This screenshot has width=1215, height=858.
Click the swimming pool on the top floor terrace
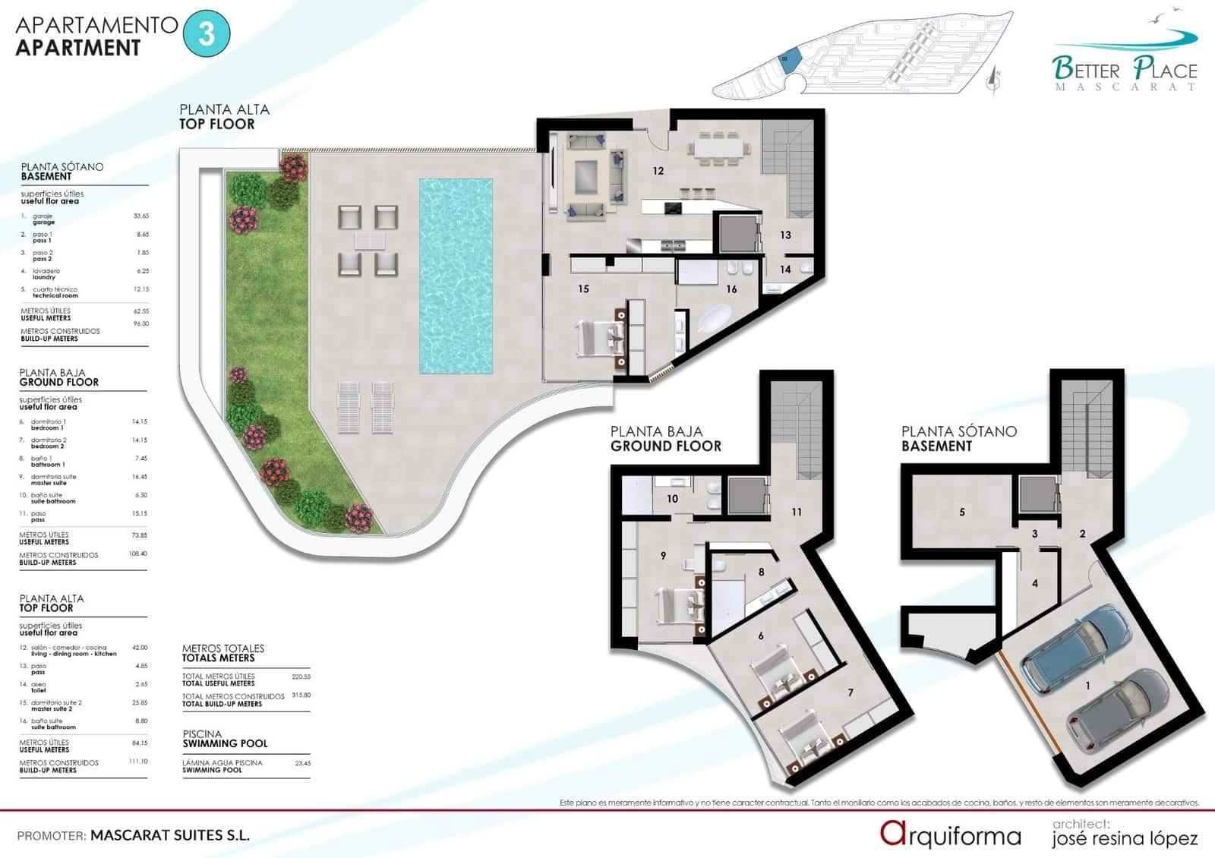(x=456, y=275)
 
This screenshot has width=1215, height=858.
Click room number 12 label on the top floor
(x=658, y=171)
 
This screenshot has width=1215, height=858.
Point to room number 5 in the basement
(x=961, y=512)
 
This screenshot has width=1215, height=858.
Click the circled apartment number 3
(x=207, y=34)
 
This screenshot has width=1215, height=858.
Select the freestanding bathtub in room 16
(x=715, y=318)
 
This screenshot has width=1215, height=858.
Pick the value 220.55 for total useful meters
(x=301, y=676)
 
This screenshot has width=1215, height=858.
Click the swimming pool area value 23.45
(x=302, y=763)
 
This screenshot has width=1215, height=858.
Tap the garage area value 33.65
(x=140, y=216)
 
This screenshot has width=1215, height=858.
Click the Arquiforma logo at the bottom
(x=950, y=834)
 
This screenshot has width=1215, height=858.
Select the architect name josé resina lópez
(x=1125, y=838)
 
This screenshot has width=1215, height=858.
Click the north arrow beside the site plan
(x=995, y=79)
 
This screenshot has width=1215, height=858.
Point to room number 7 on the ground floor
(x=850, y=692)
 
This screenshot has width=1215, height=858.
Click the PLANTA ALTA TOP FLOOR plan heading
(x=224, y=116)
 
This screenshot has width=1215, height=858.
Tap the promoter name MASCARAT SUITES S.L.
(x=170, y=835)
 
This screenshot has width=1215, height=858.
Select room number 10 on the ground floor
(x=672, y=499)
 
